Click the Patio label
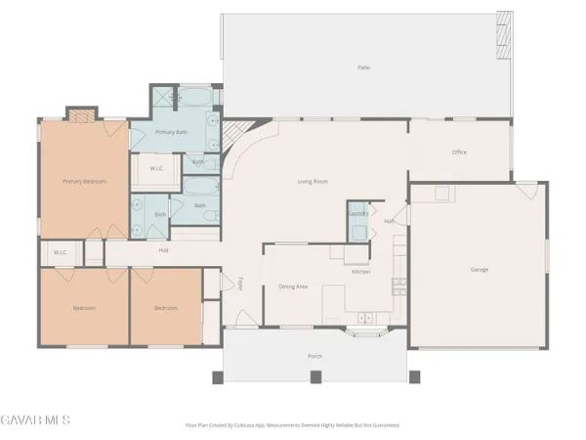tap(363, 67)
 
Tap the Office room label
tap(459, 153)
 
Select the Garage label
tap(479, 269)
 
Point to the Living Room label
tap(313, 181)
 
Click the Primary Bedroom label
tap(84, 181)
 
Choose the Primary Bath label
tap(174, 131)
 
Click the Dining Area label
tap(294, 286)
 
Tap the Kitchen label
tap(360, 271)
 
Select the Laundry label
tap(357, 212)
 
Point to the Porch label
tap(314, 356)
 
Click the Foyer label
tap(240, 284)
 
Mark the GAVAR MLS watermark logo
tap(35, 420)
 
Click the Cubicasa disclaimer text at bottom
tap(292, 425)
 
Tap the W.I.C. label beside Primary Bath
tap(156, 168)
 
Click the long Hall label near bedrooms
tap(164, 250)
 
